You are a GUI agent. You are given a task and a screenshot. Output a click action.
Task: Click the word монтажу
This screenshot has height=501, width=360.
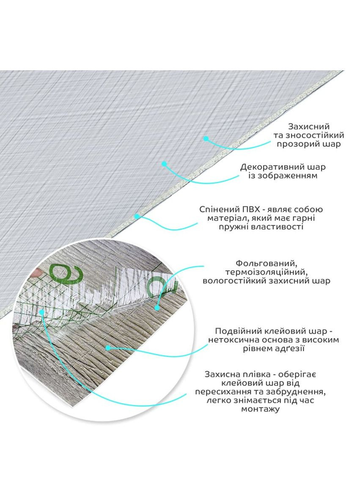tap(260, 409)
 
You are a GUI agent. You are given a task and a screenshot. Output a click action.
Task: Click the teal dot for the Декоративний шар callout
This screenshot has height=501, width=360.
tap(164, 164)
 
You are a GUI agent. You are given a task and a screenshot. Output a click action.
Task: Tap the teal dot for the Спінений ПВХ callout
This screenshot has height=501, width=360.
tap(137, 216)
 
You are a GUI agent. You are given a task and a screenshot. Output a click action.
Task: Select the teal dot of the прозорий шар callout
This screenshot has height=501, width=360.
tap(206, 139)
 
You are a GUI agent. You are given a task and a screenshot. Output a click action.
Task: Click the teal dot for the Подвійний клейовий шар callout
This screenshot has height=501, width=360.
tap(108, 348)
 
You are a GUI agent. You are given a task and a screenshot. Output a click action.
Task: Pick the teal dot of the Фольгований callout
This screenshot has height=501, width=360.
tap(157, 308)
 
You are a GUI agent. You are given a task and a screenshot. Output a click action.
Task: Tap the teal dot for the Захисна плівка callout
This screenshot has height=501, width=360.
tap(41, 311)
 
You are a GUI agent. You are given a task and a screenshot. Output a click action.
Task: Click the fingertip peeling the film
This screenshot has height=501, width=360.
tap(37, 272)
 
